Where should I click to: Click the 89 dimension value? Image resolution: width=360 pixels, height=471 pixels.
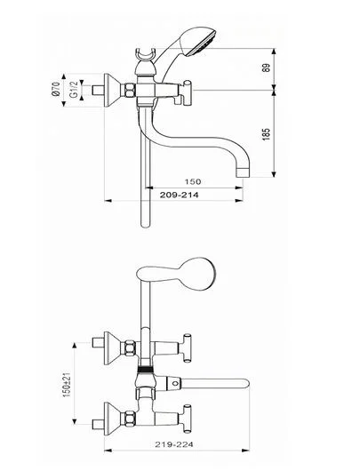(x=267, y=68)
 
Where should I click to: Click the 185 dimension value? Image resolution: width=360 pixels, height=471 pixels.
(x=267, y=134)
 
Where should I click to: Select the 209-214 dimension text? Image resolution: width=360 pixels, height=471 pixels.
(x=179, y=195)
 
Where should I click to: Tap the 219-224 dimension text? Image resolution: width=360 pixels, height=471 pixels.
(x=174, y=444)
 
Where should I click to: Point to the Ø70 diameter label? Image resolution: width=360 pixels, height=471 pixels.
(x=56, y=89)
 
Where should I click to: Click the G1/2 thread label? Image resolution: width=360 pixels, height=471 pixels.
(x=74, y=89)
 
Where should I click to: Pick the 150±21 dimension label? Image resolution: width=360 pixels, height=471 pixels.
(x=67, y=383)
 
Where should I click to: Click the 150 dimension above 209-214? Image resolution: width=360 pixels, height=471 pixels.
(x=193, y=181)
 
